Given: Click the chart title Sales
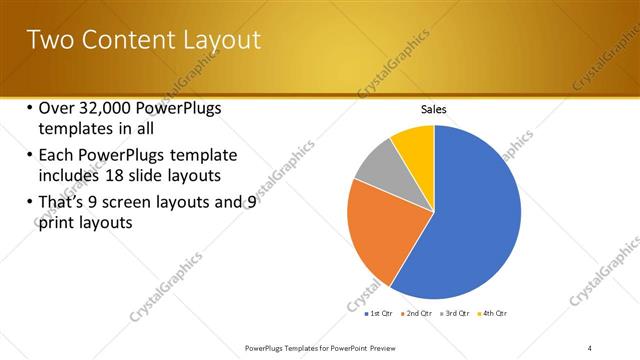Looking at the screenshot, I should click(x=433, y=109).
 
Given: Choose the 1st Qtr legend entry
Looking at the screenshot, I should click(x=378, y=314).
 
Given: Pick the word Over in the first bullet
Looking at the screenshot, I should click(x=55, y=109).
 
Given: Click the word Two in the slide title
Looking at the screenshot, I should click(x=47, y=41).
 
